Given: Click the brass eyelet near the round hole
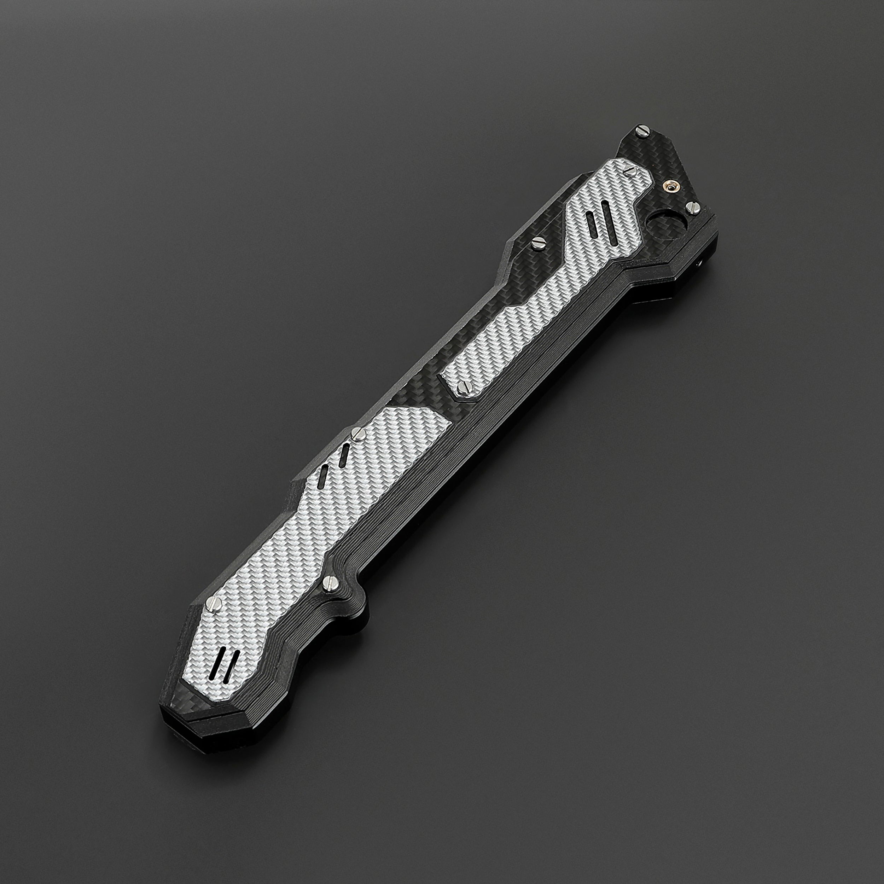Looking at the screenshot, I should pos(673,187).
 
